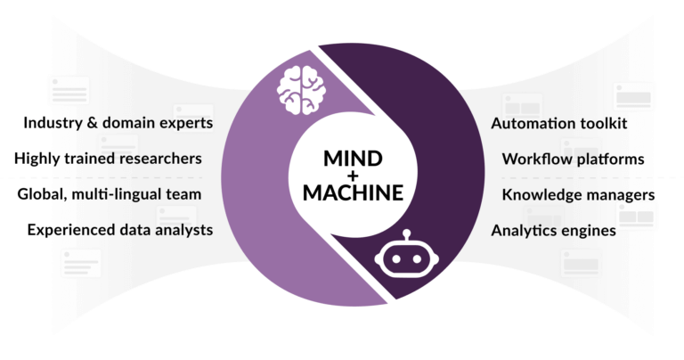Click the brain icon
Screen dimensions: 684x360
pyautogui.click(x=301, y=90)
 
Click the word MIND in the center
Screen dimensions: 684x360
pyautogui.click(x=353, y=159)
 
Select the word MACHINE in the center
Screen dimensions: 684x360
pyautogui.click(x=353, y=192)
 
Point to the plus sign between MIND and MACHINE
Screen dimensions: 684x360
pyautogui.click(x=353, y=176)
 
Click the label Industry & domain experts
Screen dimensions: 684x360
pyautogui.click(x=118, y=123)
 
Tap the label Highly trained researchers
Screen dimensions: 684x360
pyautogui.click(x=108, y=159)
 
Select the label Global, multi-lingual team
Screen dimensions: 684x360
pyautogui.click(x=110, y=194)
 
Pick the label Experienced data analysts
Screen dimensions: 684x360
pyautogui.click(x=120, y=230)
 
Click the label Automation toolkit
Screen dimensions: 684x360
pyautogui.click(x=558, y=124)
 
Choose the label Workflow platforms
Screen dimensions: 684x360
pyautogui.click(x=573, y=160)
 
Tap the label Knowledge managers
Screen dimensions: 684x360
pyautogui.click(x=578, y=195)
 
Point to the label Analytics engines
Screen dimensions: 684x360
pyautogui.click(x=554, y=231)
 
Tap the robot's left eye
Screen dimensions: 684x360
pyautogui.click(x=396, y=258)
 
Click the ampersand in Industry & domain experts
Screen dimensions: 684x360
pyautogui.click(x=92, y=123)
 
